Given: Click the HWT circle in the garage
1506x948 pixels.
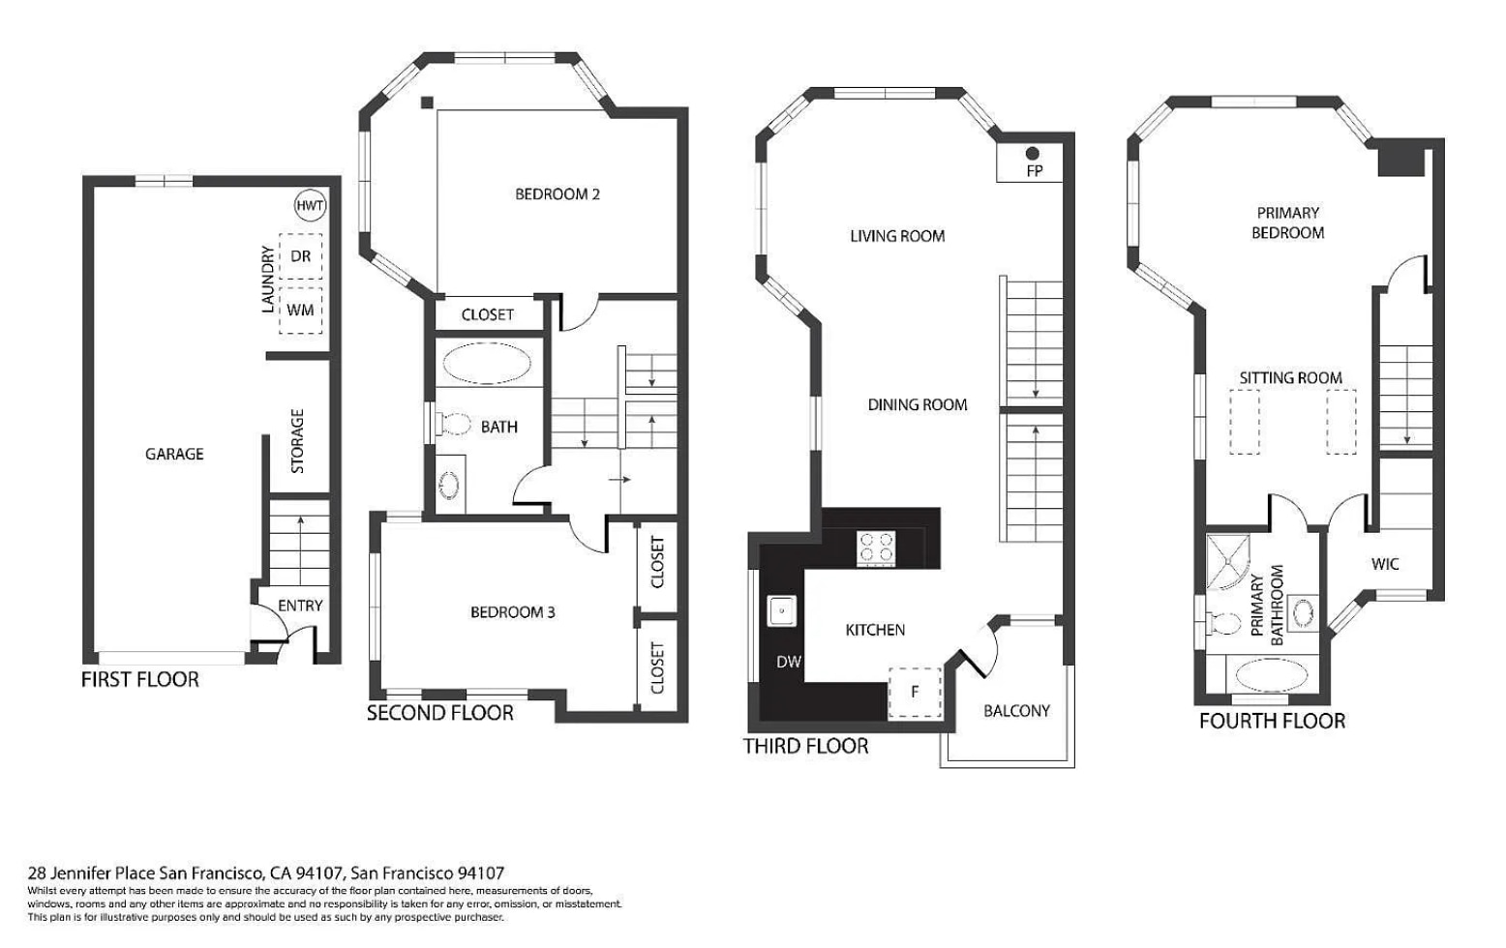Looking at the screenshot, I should pos(310,206).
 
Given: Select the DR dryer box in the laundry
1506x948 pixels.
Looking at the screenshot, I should pos(301,256).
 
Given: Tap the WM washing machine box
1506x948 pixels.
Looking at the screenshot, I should pos(301,310).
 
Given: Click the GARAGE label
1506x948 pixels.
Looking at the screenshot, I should pos(174,454).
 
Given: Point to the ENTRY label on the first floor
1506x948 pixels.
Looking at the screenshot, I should pos(300,606).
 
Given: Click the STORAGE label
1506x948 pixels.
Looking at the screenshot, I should pos(298,441).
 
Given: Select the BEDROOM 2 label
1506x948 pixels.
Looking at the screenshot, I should pos(557,194).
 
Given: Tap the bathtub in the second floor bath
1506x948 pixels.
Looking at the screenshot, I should pos(487,365).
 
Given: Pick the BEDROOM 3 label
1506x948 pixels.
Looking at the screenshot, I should pos(513,612).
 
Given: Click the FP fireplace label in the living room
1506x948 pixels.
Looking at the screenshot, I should pos(1034,171).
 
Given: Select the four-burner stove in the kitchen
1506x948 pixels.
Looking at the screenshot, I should pos(877,548).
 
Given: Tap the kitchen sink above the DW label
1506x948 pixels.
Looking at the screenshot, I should pos(782,611).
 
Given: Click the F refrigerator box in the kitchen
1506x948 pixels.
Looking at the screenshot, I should pos(915,693).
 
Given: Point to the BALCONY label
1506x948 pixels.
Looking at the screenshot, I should pos(1016,711).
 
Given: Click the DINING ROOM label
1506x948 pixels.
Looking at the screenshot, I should pos(918,405).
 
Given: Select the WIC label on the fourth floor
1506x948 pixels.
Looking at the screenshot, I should pos(1385,564).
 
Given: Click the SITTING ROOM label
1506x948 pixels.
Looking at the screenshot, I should pos(1291,378).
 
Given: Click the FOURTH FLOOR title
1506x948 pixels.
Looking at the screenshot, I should pos(1272,722).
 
